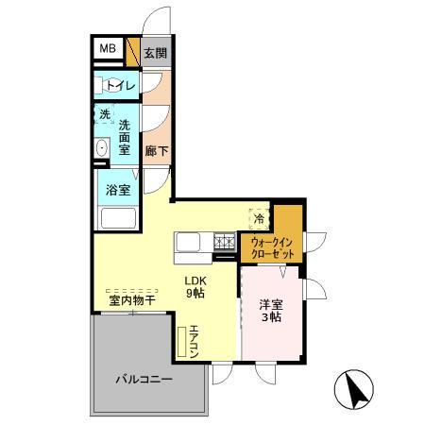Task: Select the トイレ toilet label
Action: coord(120,86)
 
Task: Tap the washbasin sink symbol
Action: coord(101,147)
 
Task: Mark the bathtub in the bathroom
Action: coord(119,219)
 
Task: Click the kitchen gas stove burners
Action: coord(225,242)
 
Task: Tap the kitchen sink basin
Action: coord(188,243)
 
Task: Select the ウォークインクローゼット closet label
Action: coord(271,248)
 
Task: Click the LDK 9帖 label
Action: coord(195,286)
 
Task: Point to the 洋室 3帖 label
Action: coord(270,310)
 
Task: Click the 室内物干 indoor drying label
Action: coord(131,300)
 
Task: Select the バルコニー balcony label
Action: coord(144,379)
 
